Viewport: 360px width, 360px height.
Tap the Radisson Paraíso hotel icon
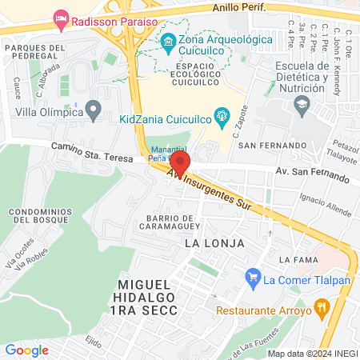point(61,18)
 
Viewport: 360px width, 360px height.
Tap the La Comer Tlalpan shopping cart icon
point(253,279)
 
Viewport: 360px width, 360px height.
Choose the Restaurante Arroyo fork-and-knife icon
point(322,306)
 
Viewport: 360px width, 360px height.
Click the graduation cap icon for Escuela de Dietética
point(302,104)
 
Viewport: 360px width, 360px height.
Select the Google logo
point(26,350)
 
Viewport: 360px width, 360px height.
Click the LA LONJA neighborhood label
point(214,242)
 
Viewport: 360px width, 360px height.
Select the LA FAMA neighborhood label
point(294,261)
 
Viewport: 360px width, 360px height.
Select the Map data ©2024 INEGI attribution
point(312,353)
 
